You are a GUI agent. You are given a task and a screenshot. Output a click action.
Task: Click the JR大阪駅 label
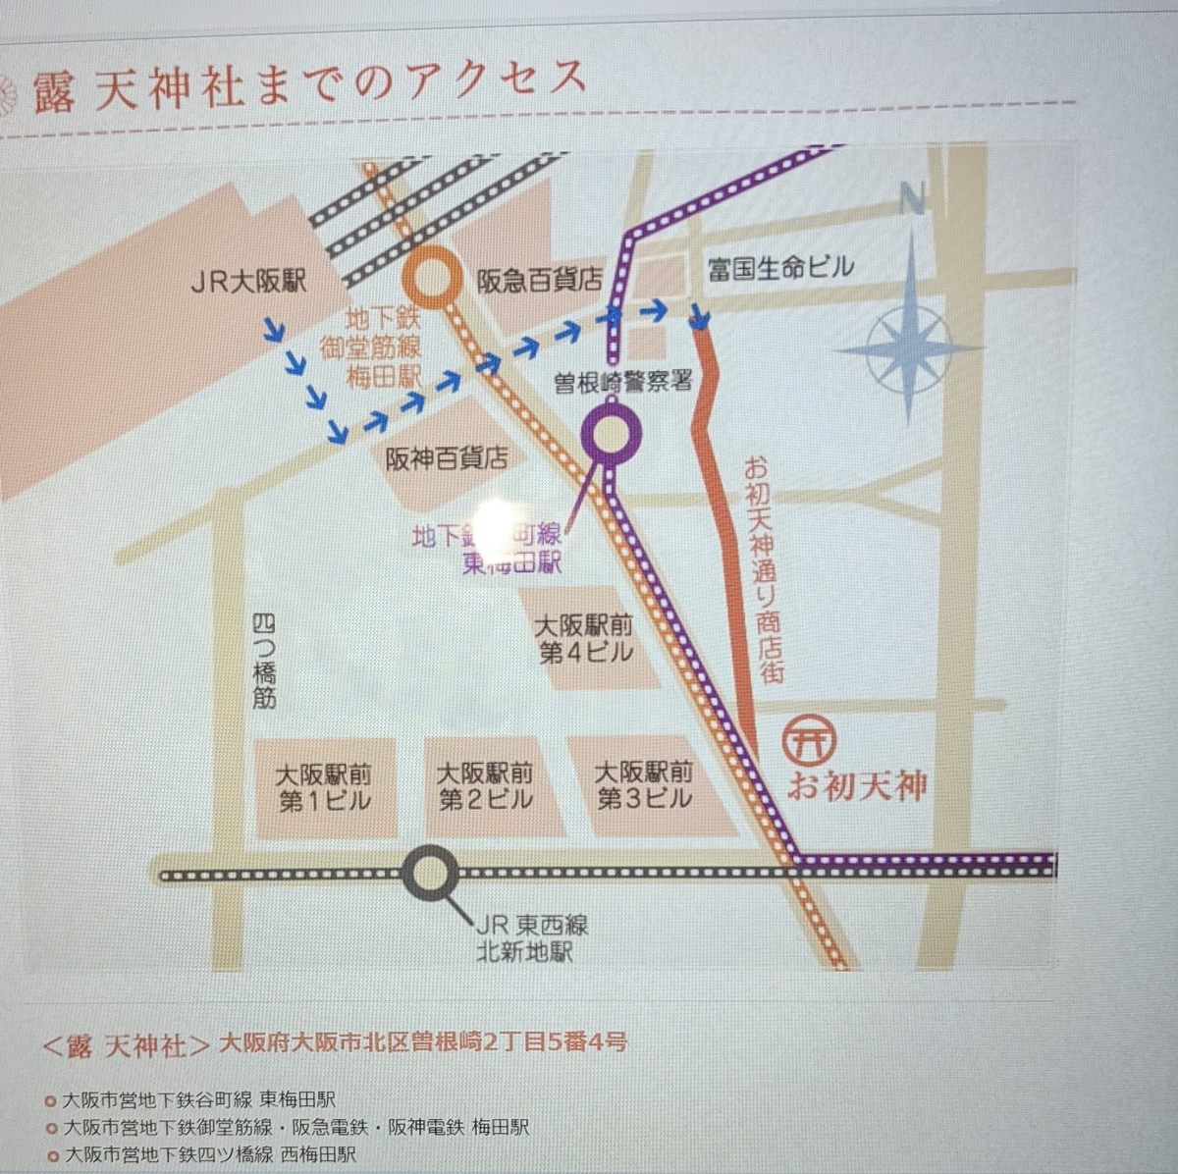pyautogui.click(x=247, y=283)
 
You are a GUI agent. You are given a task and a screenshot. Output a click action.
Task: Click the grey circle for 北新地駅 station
pyautogui.click(x=431, y=874)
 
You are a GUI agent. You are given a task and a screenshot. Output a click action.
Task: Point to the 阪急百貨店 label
pyautogui.click(x=539, y=281)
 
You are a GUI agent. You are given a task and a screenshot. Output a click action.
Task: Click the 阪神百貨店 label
pyautogui.click(x=447, y=458)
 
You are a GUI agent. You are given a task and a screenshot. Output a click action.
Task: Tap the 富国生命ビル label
pyautogui.click(x=781, y=267)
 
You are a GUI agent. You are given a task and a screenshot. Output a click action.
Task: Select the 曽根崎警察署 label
pyautogui.click(x=623, y=381)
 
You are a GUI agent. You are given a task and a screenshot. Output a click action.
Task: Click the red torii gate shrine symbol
pyautogui.click(x=810, y=738)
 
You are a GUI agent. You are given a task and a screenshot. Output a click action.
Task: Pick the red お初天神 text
pyautogui.click(x=857, y=786)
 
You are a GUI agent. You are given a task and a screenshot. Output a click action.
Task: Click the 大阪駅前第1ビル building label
pyautogui.click(x=324, y=788)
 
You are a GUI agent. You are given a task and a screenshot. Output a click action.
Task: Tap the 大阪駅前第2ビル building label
pyautogui.click(x=485, y=786)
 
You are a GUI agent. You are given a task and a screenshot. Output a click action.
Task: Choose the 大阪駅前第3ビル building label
pyautogui.click(x=644, y=785)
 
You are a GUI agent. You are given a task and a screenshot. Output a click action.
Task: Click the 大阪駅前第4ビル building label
pyautogui.click(x=585, y=639)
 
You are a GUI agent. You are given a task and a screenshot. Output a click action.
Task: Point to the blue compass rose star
pyautogui.click(x=910, y=346)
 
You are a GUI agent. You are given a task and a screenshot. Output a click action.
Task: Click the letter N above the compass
pyautogui.click(x=912, y=200)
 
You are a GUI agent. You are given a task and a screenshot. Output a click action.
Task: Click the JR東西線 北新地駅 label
pyautogui.click(x=531, y=937)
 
